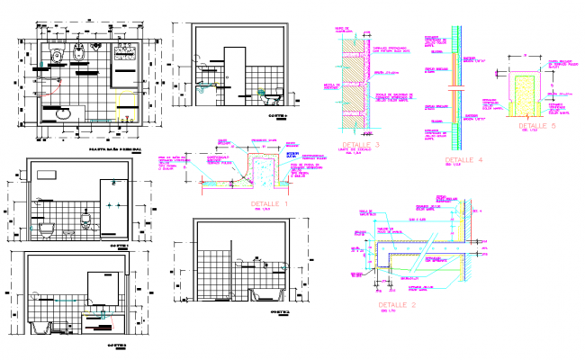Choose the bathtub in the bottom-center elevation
pos(267,295)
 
